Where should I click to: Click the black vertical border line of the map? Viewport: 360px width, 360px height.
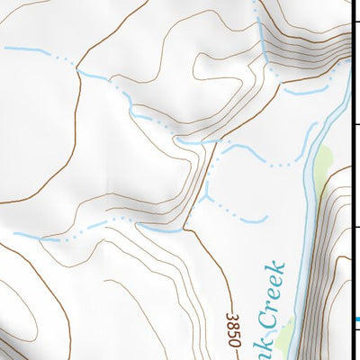[x=352, y=180]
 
